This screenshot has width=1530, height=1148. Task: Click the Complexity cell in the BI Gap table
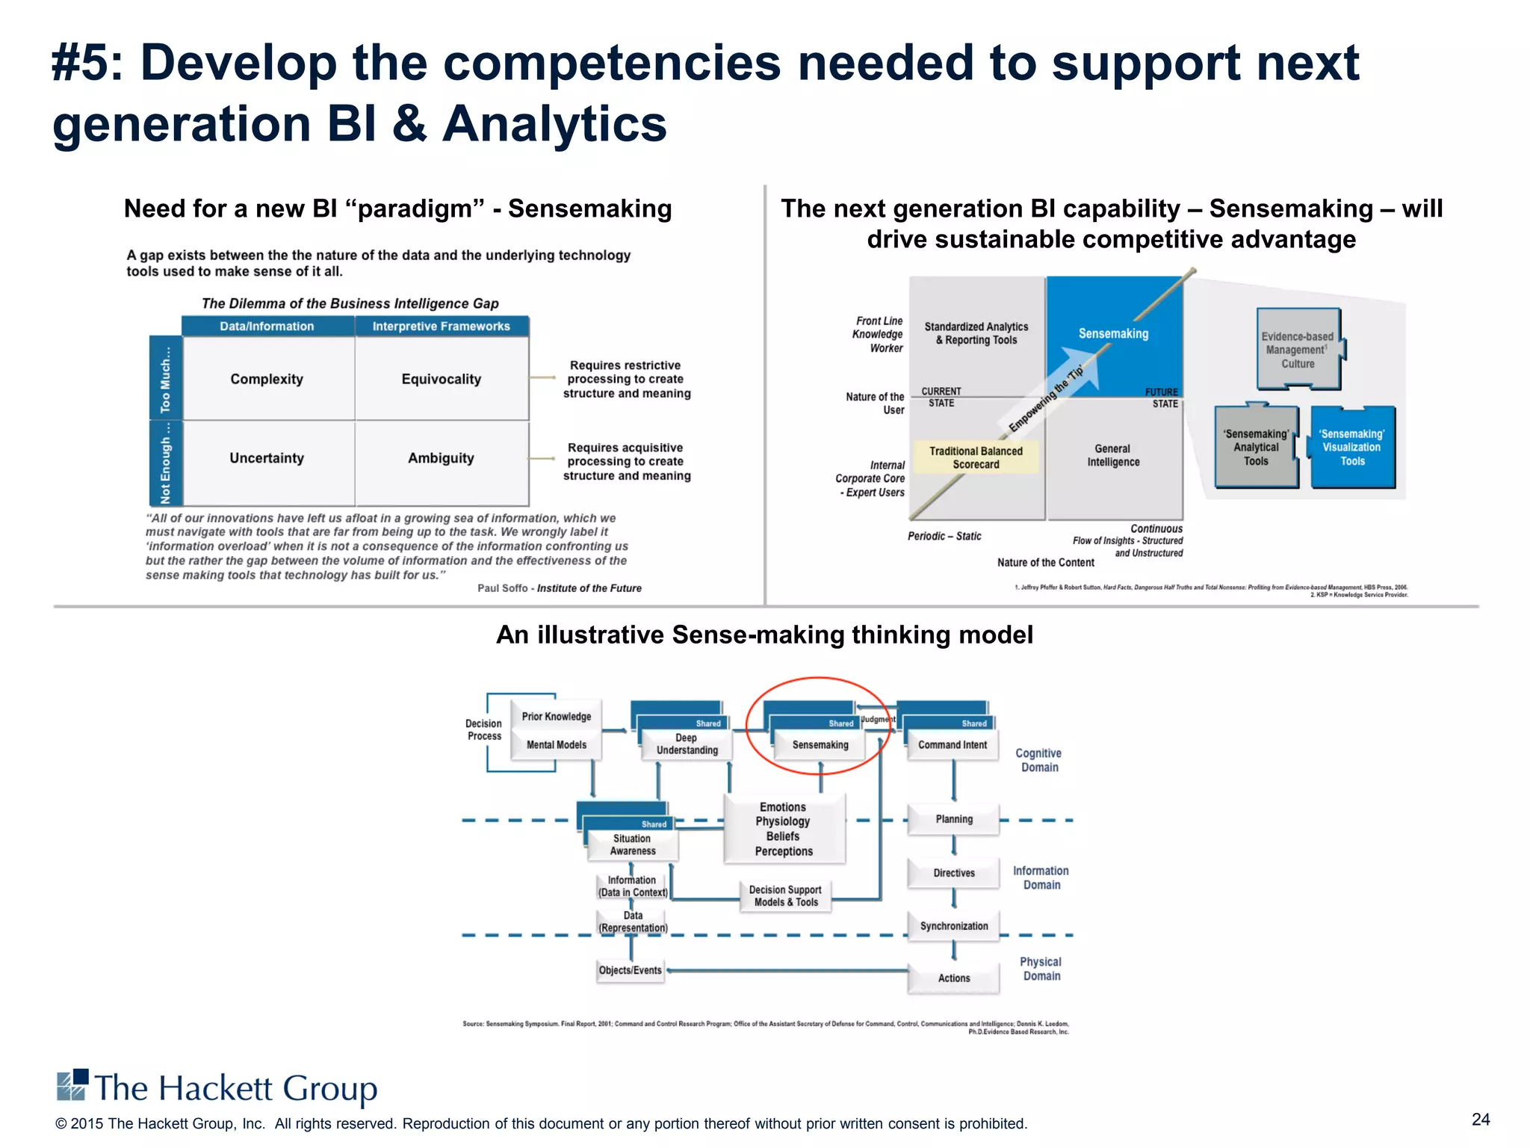[x=267, y=379]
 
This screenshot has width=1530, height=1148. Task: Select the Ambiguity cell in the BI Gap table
[x=441, y=458]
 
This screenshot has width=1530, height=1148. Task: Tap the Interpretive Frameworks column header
[x=441, y=327]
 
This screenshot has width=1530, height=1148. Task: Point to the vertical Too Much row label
[x=165, y=379]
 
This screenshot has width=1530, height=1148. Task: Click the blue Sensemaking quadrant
[x=1113, y=334]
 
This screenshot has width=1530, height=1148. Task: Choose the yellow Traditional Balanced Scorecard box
[x=976, y=457]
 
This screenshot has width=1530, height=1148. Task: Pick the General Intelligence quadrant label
[x=1113, y=455]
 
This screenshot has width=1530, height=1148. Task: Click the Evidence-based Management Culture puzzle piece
[x=1298, y=350]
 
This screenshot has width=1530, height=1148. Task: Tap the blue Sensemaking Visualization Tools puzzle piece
[x=1352, y=448]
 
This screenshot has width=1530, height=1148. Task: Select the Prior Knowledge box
[x=557, y=717]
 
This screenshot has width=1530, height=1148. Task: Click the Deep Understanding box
[x=687, y=744]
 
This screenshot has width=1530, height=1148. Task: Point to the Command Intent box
[x=953, y=745]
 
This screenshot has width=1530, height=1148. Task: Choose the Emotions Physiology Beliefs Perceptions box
[x=784, y=829]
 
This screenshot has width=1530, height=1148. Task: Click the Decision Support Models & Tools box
[x=785, y=896]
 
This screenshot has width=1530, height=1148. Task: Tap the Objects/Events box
[x=631, y=970]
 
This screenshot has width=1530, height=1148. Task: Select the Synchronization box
[x=954, y=926]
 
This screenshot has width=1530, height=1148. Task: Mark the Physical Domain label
[x=1041, y=969]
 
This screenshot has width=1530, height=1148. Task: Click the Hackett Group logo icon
[x=72, y=1085]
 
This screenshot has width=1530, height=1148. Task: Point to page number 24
[x=1481, y=1120]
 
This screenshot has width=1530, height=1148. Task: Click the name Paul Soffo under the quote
[x=502, y=588]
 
